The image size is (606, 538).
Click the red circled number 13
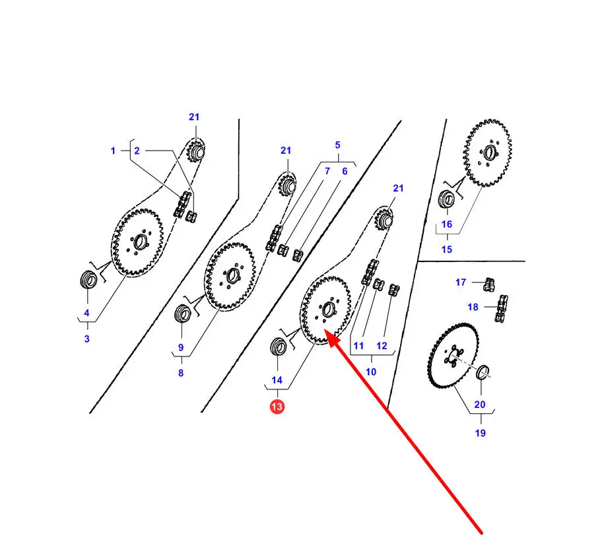tap(277, 406)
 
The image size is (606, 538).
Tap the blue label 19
tap(481, 433)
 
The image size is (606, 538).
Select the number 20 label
tap(480, 404)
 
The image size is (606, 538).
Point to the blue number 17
tap(461, 283)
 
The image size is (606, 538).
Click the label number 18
tap(473, 307)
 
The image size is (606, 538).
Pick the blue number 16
tap(447, 224)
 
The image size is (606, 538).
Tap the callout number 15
tap(447, 250)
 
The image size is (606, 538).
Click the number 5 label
tap(337, 145)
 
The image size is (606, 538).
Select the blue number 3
tap(87, 339)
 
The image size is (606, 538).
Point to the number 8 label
tap(181, 373)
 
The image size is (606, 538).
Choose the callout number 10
tap(371, 372)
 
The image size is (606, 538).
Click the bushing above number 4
tap(88, 279)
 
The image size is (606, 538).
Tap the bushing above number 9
tap(182, 313)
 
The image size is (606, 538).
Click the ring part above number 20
tap(483, 372)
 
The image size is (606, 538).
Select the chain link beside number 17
tap(489, 285)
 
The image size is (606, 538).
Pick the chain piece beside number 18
tap(501, 308)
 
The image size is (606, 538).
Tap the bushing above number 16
tap(447, 199)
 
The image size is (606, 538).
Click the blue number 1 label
tap(113, 151)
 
